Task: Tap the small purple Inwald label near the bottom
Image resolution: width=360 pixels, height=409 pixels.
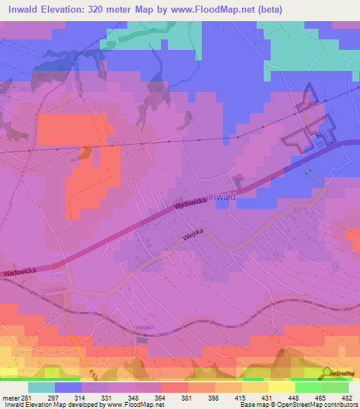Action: click(x=145, y=327)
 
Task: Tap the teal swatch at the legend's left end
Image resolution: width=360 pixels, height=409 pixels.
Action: click(x=41, y=387)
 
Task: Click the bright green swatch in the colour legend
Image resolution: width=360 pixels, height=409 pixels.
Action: click(x=309, y=387)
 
